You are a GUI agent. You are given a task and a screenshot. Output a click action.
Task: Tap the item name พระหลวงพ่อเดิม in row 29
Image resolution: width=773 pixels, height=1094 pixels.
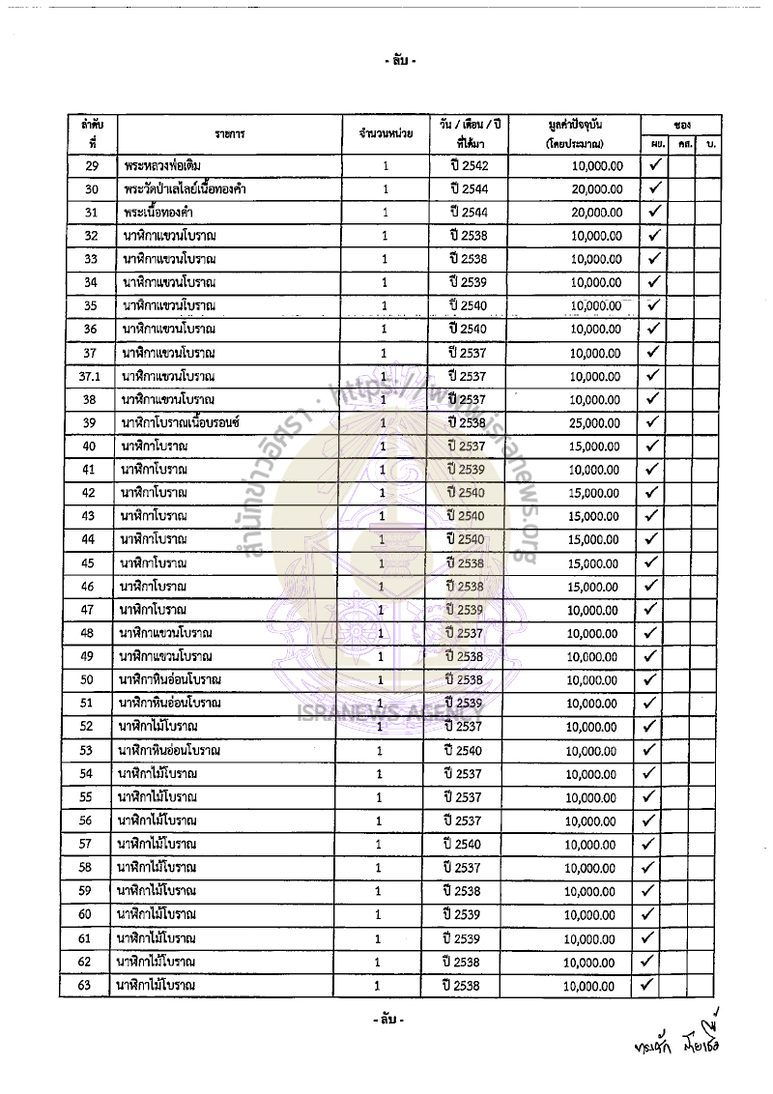click(x=162, y=165)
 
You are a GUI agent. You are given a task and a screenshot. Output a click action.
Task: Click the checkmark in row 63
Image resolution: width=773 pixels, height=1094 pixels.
click(x=648, y=985)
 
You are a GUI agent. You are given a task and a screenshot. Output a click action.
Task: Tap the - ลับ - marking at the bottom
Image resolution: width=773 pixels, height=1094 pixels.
click(x=387, y=1021)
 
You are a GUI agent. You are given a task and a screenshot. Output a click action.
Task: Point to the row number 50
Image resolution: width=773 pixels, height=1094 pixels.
click(x=86, y=679)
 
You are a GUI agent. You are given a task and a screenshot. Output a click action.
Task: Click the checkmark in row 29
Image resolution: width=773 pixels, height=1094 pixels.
click(x=654, y=165)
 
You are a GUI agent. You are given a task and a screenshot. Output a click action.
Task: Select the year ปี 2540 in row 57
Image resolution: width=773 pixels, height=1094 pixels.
click(x=462, y=845)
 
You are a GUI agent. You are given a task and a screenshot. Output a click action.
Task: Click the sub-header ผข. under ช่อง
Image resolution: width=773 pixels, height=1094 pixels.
click(x=657, y=144)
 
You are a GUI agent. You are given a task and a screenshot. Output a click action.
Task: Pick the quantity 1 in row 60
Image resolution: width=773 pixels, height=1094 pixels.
click(x=379, y=914)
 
